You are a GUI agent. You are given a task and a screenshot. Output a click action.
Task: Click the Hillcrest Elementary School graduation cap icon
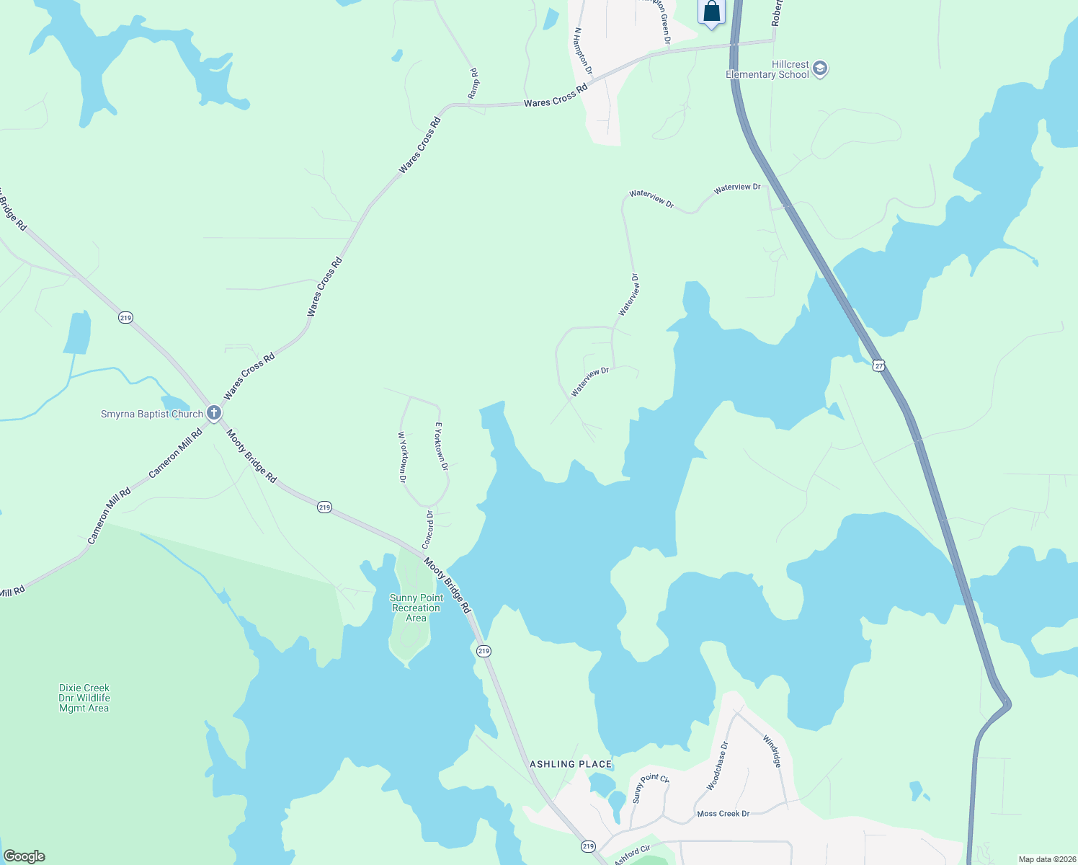(819, 69)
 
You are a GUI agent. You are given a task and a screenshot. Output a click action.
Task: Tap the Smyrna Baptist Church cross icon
(214, 413)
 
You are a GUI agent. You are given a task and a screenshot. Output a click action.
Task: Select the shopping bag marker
(711, 12)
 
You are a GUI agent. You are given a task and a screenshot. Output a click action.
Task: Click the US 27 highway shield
(878, 365)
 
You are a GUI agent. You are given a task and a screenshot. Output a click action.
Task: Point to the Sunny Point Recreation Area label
(416, 608)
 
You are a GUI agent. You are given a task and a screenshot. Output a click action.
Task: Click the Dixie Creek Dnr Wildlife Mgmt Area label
(84, 698)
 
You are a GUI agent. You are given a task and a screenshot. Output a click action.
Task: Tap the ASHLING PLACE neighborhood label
(571, 764)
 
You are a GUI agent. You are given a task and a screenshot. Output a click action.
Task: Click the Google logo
(24, 856)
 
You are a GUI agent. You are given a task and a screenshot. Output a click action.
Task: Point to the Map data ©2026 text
(1046, 859)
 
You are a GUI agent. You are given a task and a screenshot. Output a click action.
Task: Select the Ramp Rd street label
(473, 84)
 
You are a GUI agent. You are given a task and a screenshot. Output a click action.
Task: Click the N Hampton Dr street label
(583, 51)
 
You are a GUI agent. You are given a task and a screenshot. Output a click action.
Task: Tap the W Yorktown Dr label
(402, 457)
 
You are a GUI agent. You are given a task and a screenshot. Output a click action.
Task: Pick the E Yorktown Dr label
(441, 447)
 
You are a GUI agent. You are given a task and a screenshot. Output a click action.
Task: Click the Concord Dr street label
(428, 529)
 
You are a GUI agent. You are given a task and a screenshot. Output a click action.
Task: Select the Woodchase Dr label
(718, 766)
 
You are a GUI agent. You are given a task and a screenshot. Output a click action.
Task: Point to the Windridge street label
(772, 751)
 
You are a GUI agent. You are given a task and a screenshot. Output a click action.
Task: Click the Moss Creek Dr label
(723, 814)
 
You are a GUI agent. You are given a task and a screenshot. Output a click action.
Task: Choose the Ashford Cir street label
(632, 856)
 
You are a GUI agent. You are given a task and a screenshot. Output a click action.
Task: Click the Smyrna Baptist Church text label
(152, 414)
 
